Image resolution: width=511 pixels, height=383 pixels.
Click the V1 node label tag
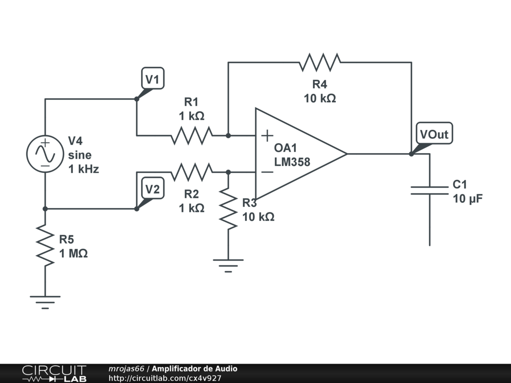[153, 78]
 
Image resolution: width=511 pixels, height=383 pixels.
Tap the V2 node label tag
[153, 188]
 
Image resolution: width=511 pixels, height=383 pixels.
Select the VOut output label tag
[435, 133]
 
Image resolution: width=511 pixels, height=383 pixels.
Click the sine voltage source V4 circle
[45, 154]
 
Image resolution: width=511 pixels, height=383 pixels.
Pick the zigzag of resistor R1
[192, 136]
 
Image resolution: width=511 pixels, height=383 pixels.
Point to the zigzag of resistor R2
[192, 172]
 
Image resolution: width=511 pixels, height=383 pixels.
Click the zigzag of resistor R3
[228, 209]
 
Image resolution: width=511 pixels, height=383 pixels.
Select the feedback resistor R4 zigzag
[320, 62]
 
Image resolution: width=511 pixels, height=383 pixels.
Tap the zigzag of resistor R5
[45, 245]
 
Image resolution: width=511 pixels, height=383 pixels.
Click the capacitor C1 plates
[430, 191]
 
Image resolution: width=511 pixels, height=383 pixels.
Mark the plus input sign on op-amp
[267, 136]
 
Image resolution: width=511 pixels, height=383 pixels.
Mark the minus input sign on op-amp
[267, 172]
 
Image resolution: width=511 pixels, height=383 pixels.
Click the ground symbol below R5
[45, 302]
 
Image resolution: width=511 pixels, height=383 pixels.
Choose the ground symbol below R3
[228, 265]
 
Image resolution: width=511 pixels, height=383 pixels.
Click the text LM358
[292, 162]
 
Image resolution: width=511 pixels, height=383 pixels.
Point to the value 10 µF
[468, 198]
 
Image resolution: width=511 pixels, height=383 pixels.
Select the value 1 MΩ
[73, 253]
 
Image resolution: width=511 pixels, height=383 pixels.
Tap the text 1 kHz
[83, 169]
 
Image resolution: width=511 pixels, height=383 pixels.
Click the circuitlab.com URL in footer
[165, 378]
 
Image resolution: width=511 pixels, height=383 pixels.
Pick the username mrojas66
[126, 369]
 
